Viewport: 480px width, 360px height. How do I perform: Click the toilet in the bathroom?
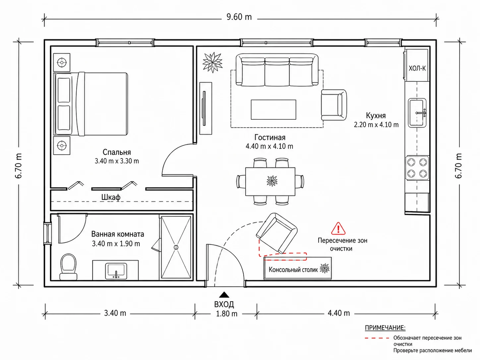(x=68, y=267)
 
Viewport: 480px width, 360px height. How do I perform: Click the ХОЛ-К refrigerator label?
(x=417, y=69)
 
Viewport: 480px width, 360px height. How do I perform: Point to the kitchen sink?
(x=417, y=113)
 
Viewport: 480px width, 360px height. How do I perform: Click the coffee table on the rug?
(x=273, y=109)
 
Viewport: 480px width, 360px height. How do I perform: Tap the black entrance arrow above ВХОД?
(x=224, y=295)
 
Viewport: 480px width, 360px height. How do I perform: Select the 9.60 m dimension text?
(x=239, y=17)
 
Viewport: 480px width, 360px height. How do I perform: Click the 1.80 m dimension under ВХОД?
(x=226, y=314)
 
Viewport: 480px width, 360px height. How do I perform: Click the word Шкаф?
(x=111, y=197)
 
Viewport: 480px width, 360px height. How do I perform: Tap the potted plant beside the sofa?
(x=212, y=62)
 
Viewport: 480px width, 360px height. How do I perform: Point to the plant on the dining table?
(x=272, y=181)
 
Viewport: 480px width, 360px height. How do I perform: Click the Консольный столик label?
(x=293, y=270)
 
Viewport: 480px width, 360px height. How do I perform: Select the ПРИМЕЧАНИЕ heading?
(x=385, y=328)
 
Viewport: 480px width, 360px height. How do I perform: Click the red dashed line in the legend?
(x=377, y=338)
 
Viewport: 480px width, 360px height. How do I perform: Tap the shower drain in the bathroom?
(x=176, y=247)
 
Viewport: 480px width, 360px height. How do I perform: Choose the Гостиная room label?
(x=270, y=138)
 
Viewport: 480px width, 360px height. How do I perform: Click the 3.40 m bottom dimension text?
(x=115, y=313)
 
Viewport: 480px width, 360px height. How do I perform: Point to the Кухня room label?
(x=376, y=116)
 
